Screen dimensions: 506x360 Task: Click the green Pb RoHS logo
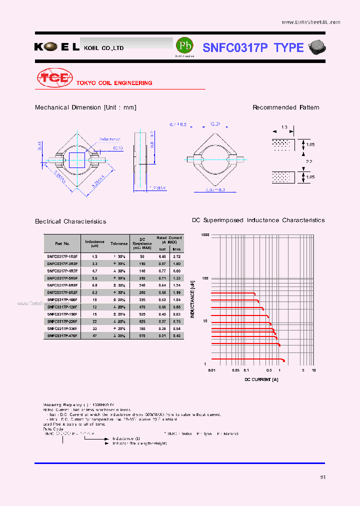184,46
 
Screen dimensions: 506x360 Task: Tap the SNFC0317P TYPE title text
253,47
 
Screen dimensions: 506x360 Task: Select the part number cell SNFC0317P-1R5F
62,255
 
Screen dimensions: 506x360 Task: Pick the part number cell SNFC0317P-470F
62,335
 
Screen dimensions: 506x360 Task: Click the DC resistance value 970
142,335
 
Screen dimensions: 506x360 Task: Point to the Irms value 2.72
176,255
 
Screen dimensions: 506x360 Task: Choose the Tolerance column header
119,243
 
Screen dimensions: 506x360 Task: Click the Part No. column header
62,243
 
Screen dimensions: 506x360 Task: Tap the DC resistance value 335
142,299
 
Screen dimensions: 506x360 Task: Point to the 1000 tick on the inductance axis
205,234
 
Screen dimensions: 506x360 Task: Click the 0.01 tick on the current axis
211,370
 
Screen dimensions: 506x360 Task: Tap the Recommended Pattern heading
285,107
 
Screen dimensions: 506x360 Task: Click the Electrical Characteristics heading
70,221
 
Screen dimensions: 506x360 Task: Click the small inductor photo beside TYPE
316,47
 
